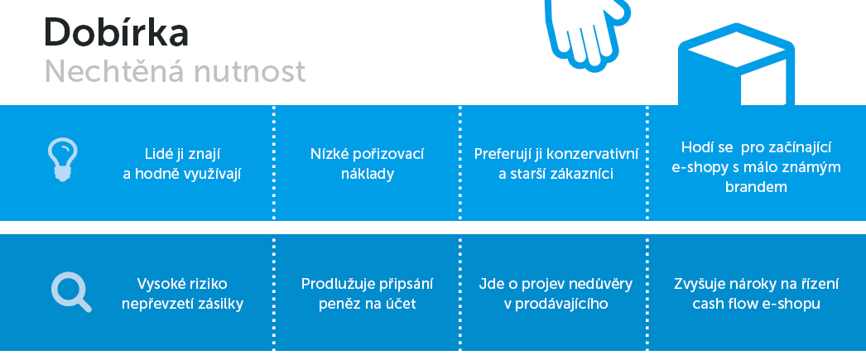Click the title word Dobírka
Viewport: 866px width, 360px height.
(116, 32)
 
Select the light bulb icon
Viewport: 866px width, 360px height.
(62, 159)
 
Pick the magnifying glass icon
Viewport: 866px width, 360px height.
(71, 292)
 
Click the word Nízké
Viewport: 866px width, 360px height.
(326, 153)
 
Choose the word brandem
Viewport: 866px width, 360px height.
(756, 187)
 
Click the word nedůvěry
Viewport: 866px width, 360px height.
(602, 284)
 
